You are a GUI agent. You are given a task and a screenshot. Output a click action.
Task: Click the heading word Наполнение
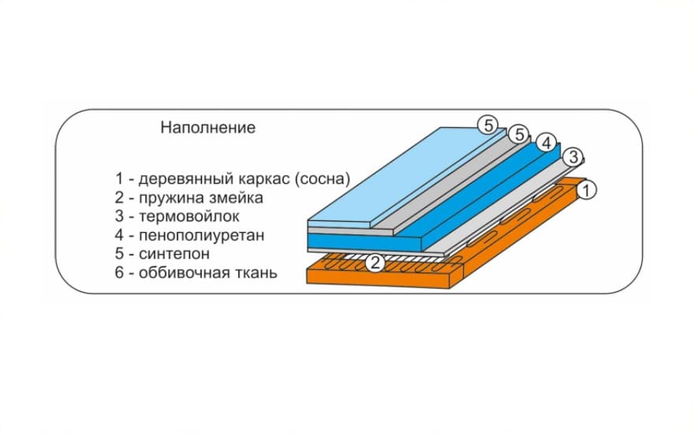point(208,128)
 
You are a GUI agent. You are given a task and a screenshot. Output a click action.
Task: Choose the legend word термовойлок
point(189,216)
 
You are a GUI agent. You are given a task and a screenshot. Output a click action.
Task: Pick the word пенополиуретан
point(201,235)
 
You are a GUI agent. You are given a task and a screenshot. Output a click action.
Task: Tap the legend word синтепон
point(174,254)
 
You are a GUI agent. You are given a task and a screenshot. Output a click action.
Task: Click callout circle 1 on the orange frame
point(587,190)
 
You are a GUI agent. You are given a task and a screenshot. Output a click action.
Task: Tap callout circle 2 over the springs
point(375,264)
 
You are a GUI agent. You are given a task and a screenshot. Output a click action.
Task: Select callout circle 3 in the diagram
point(573,157)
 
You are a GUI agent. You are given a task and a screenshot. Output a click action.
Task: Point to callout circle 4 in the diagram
point(547,143)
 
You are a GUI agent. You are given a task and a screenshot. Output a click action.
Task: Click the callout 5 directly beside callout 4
point(519,133)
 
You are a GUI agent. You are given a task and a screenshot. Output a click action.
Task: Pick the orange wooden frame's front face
point(379,277)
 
